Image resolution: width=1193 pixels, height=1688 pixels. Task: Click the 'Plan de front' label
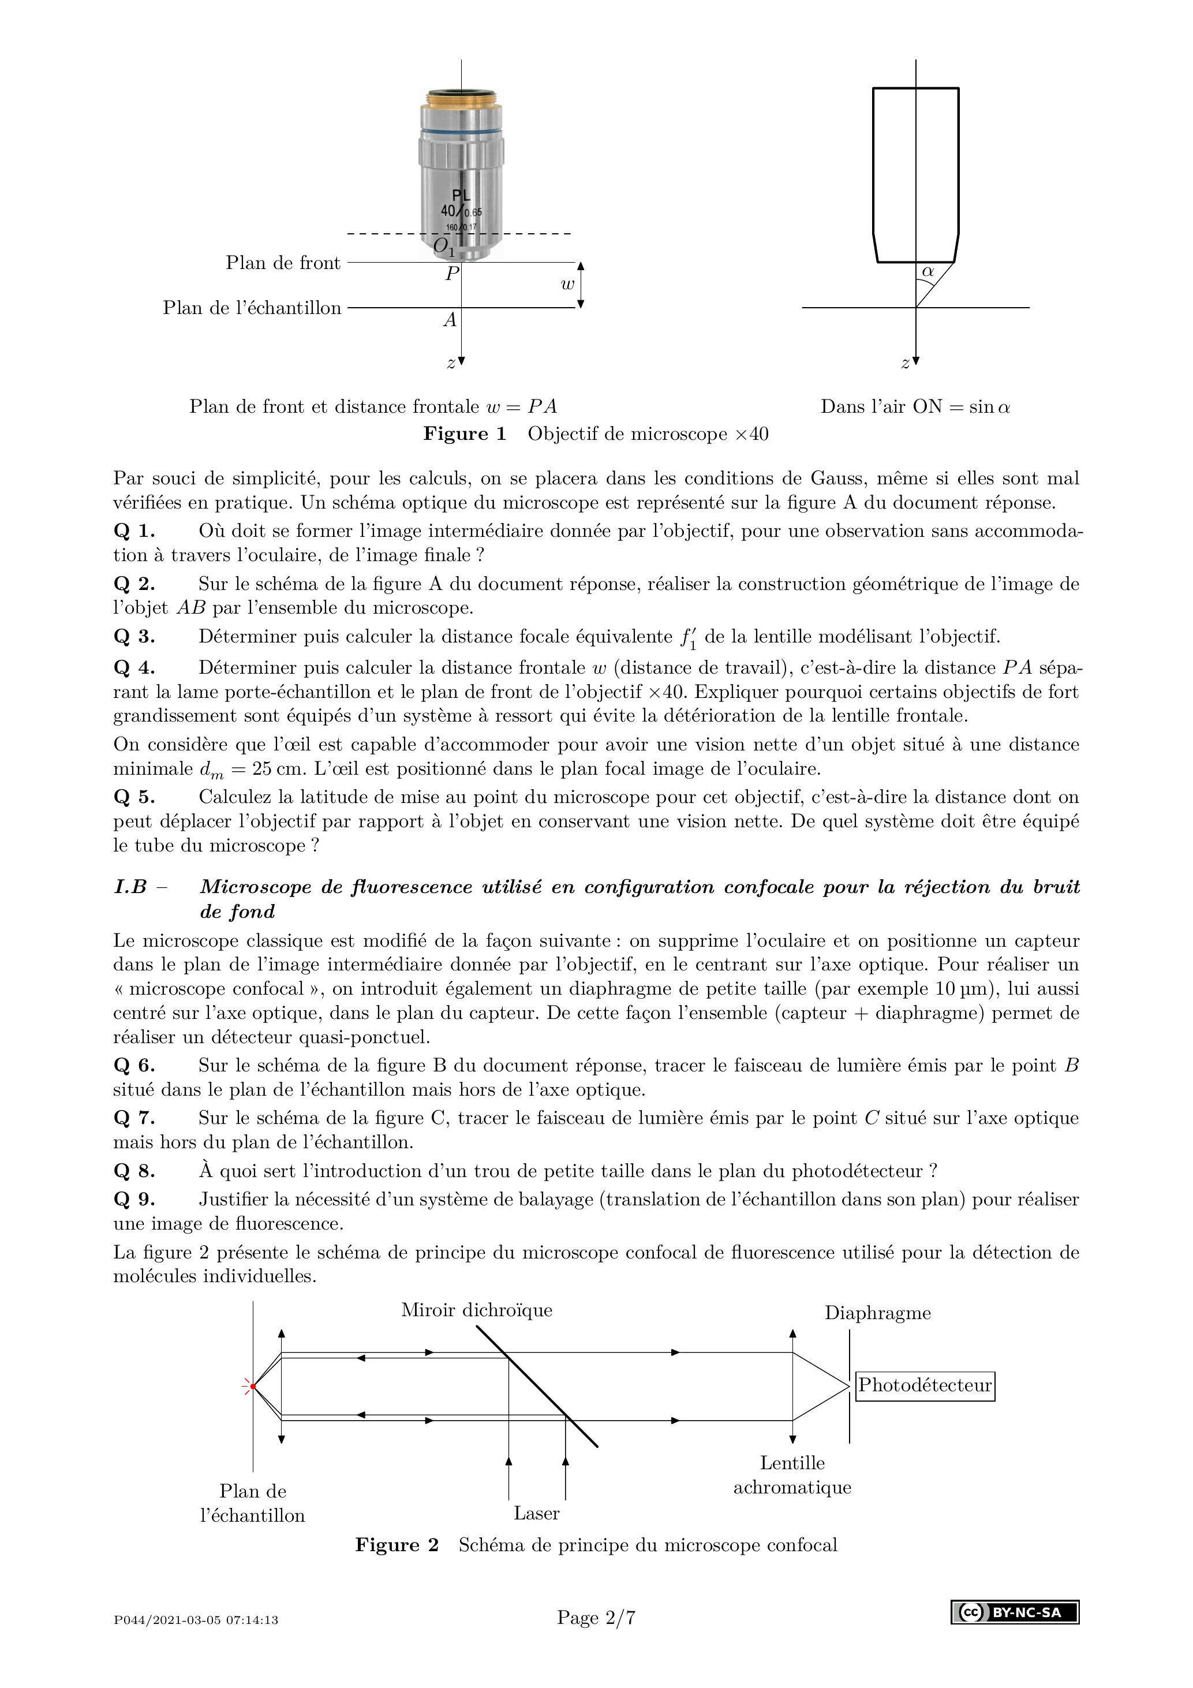[x=283, y=263]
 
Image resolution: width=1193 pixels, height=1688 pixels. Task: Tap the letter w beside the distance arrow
[x=567, y=285]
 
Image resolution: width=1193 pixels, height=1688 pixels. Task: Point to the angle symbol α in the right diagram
[x=928, y=271]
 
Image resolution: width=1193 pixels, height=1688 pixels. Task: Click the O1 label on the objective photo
[x=444, y=247]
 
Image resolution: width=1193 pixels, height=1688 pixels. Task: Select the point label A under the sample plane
[x=450, y=320]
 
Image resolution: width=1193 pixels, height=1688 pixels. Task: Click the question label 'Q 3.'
[x=134, y=637]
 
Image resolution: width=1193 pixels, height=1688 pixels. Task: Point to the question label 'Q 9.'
[x=134, y=1199]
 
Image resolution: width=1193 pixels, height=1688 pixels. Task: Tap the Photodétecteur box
[x=925, y=1386]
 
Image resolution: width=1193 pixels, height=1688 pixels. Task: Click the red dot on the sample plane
[x=253, y=1387]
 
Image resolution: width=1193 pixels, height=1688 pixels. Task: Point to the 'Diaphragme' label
[x=878, y=1313]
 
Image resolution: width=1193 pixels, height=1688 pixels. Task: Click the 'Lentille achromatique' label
[x=792, y=1475]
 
